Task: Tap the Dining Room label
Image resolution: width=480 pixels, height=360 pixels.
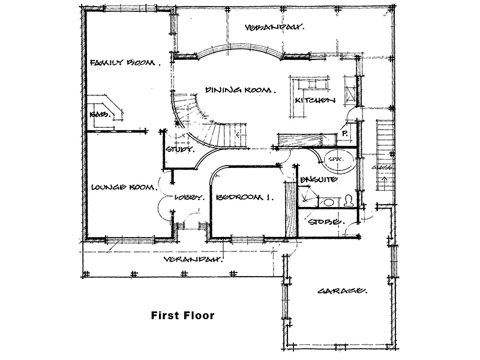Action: pos(240,90)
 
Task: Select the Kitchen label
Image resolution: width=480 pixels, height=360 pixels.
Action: pos(314,101)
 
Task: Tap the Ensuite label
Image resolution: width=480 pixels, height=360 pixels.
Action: pos(318,179)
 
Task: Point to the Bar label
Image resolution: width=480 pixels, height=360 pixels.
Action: pos(99,114)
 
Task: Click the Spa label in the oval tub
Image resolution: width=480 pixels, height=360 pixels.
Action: pos(334,160)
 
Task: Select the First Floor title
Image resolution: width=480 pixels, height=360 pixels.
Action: pos(182,315)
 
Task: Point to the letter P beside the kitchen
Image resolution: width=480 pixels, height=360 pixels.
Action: pos(346,134)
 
